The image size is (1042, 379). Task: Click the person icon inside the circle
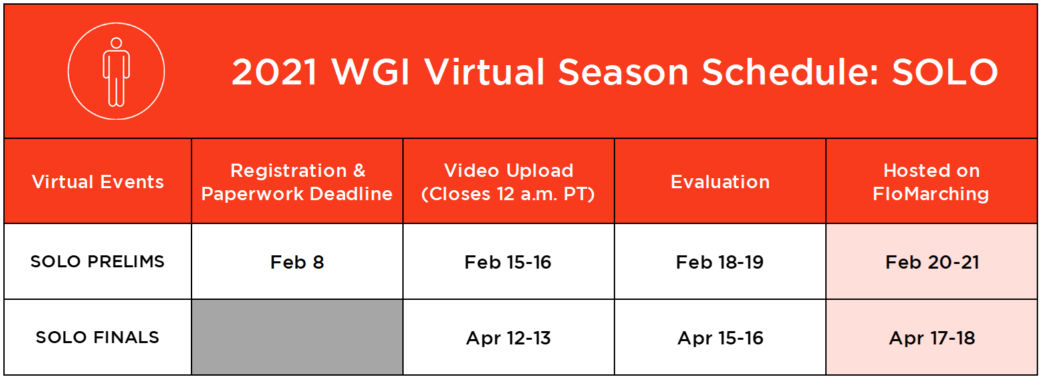click(x=116, y=72)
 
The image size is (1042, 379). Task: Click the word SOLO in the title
click(x=945, y=72)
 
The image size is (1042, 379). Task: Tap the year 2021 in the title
click(x=275, y=72)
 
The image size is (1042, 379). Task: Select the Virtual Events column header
click(x=98, y=182)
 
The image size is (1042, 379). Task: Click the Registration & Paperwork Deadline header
click(x=297, y=182)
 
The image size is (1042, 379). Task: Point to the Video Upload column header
click(x=508, y=182)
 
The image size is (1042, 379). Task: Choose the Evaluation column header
click(x=720, y=182)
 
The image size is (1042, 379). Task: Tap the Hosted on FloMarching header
click(x=932, y=182)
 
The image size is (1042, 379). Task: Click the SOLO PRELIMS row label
click(x=98, y=261)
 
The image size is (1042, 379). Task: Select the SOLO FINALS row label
click(x=98, y=337)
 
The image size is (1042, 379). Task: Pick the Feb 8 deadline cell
click(x=297, y=262)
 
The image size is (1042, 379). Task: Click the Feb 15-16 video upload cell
click(x=508, y=262)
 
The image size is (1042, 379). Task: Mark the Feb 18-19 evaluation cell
click(x=719, y=262)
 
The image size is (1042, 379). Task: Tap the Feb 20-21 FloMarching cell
click(x=932, y=262)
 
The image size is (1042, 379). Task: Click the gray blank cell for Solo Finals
click(x=297, y=337)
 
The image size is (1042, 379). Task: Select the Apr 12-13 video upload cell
click(x=509, y=338)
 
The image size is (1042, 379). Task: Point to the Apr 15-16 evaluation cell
click(x=720, y=338)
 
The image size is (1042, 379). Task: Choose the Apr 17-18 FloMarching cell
click(x=932, y=338)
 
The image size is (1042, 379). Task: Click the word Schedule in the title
click(x=791, y=72)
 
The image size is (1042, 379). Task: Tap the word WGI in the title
click(x=370, y=72)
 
